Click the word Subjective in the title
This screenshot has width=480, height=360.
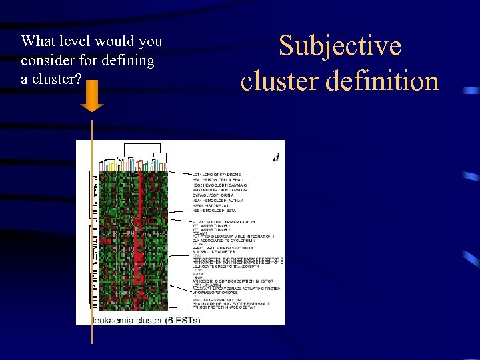click(340, 46)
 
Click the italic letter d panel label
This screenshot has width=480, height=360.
click(276, 157)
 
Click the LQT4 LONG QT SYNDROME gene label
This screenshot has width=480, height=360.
click(217, 175)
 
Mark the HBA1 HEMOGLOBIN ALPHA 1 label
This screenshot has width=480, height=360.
click(218, 200)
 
